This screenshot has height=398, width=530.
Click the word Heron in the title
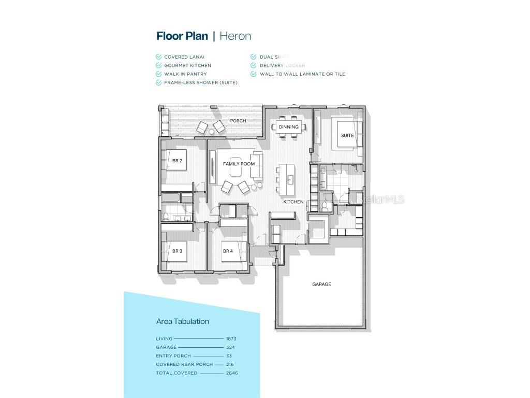pyautogui.click(x=235, y=36)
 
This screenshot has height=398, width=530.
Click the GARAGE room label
pyautogui.click(x=321, y=284)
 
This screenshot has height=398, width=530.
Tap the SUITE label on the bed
pyautogui.click(x=347, y=135)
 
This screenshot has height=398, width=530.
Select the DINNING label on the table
pyautogui.click(x=288, y=127)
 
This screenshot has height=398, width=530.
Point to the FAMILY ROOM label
pyautogui.click(x=239, y=164)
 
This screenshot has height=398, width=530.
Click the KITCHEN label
pyautogui.click(x=293, y=202)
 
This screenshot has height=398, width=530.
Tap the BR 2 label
pyautogui.click(x=177, y=161)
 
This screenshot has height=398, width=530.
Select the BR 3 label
pyautogui.click(x=177, y=251)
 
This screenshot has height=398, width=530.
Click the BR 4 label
pyautogui.click(x=228, y=251)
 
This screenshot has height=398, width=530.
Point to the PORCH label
pyautogui.click(x=238, y=121)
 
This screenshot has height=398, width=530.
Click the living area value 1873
pyautogui.click(x=231, y=339)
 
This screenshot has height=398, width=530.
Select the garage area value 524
pyautogui.click(x=230, y=347)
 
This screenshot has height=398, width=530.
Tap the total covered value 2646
pyautogui.click(x=232, y=373)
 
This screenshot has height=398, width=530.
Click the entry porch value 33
pyautogui.click(x=229, y=356)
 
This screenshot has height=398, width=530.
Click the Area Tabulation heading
pyautogui.click(x=183, y=321)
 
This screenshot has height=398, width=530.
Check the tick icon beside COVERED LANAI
pyautogui.click(x=159, y=57)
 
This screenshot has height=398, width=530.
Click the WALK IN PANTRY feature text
pyautogui.click(x=185, y=74)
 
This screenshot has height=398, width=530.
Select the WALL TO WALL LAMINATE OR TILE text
pyautogui.click(x=302, y=74)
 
